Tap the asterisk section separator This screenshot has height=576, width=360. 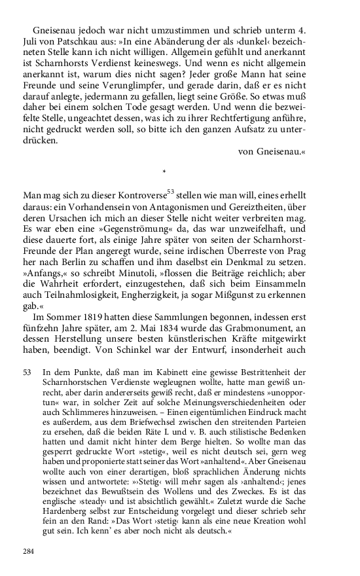tap(164, 172)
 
